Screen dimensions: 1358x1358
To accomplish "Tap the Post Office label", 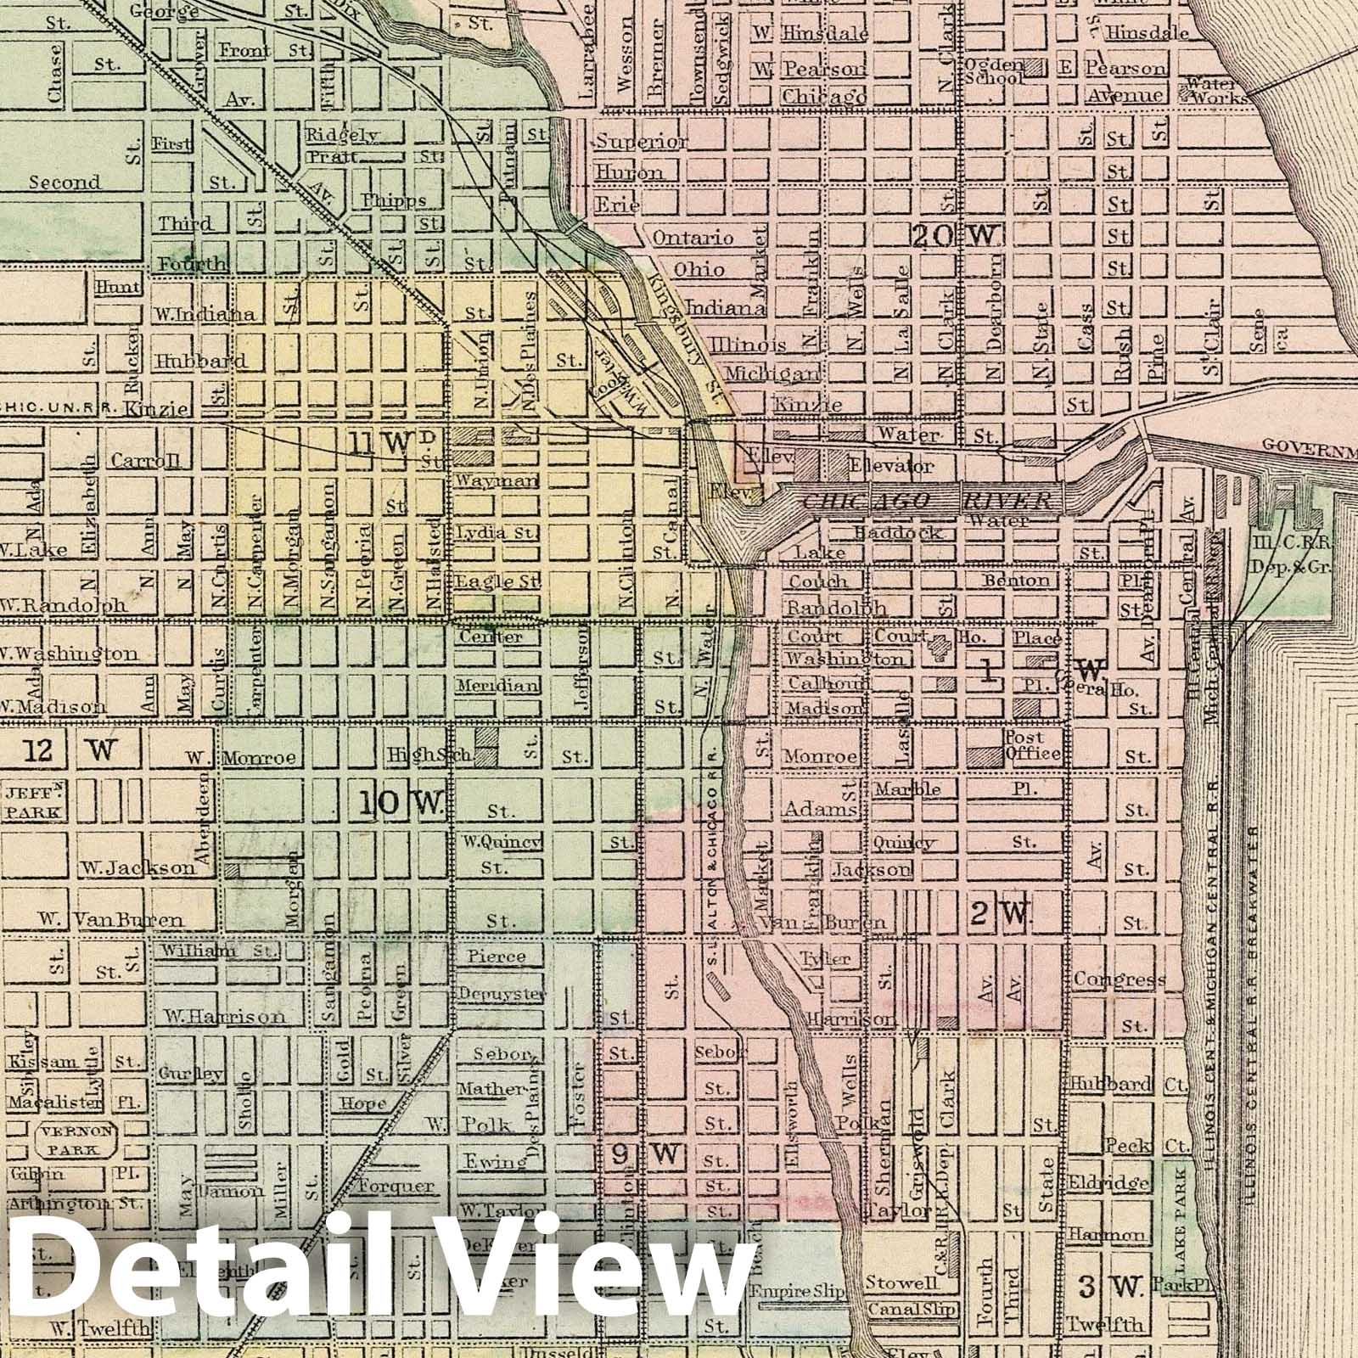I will pyautogui.click(x=1032, y=745).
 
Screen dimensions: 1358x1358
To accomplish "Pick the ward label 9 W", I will pyautogui.click(x=645, y=1154).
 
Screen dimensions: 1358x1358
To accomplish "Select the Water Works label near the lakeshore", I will pyautogui.click(x=1217, y=91).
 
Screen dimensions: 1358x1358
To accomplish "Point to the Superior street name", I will pyautogui.click(x=642, y=142).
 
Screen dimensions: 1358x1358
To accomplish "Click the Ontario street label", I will pyautogui.click(x=693, y=238).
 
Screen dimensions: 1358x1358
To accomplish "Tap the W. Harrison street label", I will pyautogui.click(x=226, y=1016).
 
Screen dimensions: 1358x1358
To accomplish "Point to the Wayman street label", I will pyautogui.click(x=497, y=480).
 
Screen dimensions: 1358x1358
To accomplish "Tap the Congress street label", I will pyautogui.click(x=1119, y=979).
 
